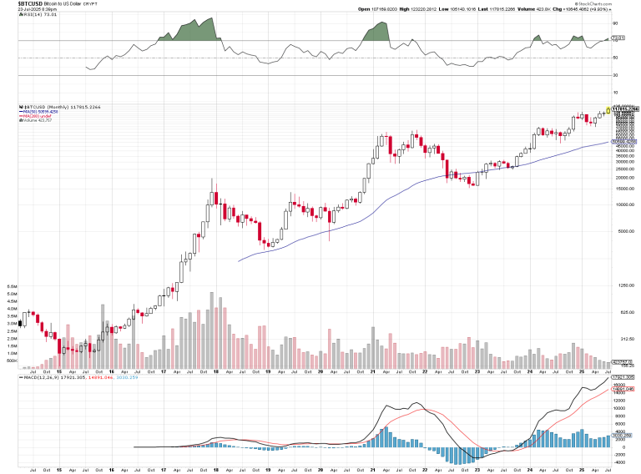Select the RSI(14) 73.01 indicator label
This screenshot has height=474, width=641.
coord(21,15)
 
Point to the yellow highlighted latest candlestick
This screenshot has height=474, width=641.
coord(606,111)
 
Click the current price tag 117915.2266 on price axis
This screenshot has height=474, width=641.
coord(625,108)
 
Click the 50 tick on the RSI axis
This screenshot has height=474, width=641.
coord(615,58)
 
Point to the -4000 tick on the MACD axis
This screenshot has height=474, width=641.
coord(618,457)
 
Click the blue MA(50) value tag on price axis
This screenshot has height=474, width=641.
coord(625,142)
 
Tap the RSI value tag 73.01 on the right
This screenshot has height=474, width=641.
coord(618,38)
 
